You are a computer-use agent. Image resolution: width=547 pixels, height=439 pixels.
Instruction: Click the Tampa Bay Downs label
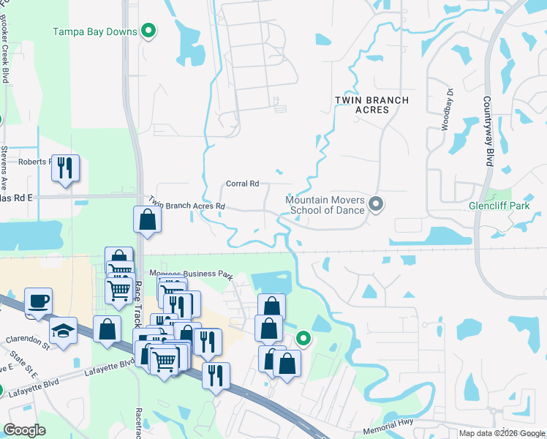[x=94, y=32]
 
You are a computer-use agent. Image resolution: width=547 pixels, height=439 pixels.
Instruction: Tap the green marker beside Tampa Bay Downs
[x=149, y=31]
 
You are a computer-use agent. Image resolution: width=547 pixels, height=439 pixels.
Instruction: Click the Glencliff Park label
[x=499, y=206]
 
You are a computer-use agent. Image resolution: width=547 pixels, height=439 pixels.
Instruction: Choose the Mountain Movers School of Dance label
[x=325, y=205]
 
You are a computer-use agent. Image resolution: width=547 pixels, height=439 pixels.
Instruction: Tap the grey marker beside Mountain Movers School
[x=376, y=204]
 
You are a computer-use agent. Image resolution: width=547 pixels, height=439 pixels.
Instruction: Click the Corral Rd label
[x=243, y=184]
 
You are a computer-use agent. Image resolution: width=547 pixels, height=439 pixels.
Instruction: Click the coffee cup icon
[x=38, y=301]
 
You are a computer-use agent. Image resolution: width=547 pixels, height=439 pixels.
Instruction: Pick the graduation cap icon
[x=64, y=331]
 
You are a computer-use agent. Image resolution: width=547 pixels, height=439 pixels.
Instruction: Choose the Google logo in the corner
[x=23, y=430]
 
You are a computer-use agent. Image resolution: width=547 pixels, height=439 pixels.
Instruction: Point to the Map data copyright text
[x=501, y=433]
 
